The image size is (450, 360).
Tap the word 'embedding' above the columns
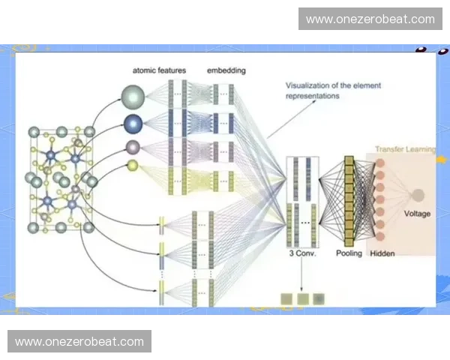[x=226, y=70]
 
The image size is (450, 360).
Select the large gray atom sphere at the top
[x=133, y=97]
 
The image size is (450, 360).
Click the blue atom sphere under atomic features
[x=133, y=122]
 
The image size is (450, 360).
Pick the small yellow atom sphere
[x=133, y=165]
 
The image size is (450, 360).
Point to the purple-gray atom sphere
[x=133, y=146]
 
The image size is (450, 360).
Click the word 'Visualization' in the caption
[x=310, y=85]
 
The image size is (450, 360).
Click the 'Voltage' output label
[x=417, y=214]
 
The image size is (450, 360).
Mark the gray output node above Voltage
[x=417, y=196]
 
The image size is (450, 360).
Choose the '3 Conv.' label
[x=302, y=253]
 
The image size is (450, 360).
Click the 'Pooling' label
[x=349, y=253]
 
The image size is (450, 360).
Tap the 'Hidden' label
[x=382, y=253]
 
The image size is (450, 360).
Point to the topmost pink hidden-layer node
[x=379, y=163]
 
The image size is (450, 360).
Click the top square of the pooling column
[x=349, y=161]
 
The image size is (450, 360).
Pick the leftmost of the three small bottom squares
[x=286, y=298]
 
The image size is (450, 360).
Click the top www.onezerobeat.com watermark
[x=370, y=19]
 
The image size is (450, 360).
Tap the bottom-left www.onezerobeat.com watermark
[x=79, y=342]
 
